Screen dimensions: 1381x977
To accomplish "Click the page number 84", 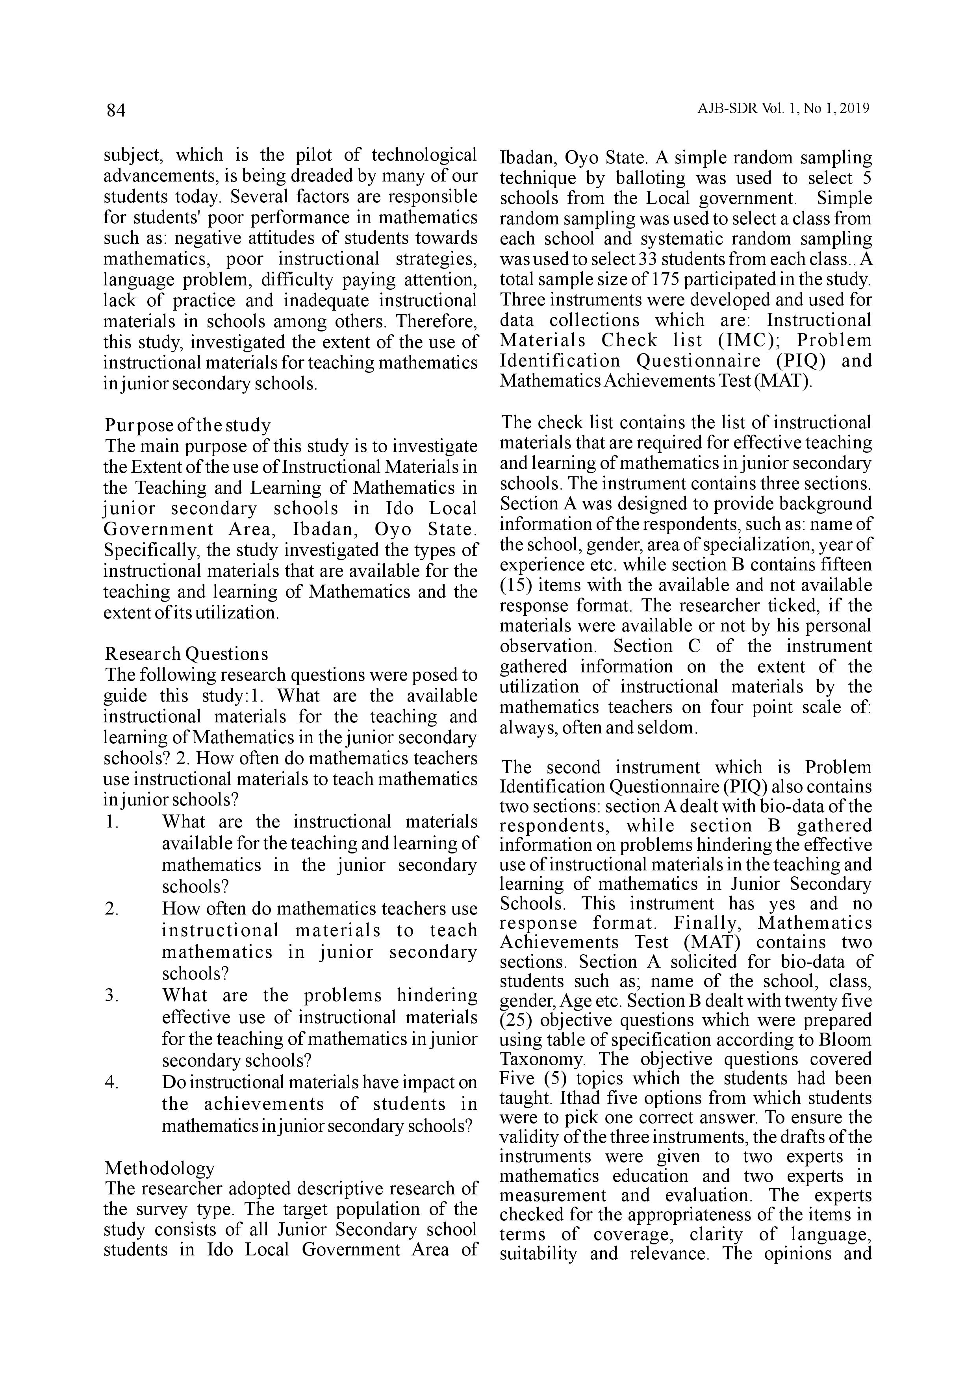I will [115, 110].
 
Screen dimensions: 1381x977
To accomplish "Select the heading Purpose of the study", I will [187, 425].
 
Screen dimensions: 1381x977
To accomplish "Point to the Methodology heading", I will [159, 1168].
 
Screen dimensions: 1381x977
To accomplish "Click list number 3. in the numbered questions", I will [111, 996].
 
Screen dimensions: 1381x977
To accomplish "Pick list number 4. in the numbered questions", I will [111, 1082].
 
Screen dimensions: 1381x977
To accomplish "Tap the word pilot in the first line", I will [313, 155].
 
